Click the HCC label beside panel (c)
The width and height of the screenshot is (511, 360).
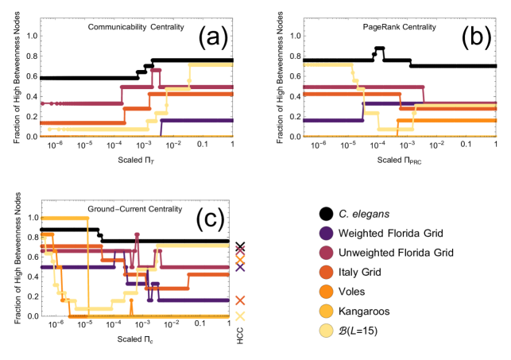(x=240, y=335)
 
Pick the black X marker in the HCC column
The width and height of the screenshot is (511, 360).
(x=241, y=247)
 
